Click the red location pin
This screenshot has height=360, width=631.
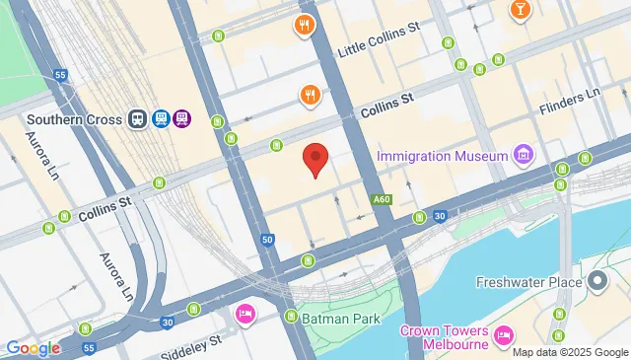point(315,159)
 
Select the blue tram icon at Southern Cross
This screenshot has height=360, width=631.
point(160,119)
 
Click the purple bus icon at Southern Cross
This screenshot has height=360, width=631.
point(181,119)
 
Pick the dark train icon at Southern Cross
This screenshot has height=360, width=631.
point(138,119)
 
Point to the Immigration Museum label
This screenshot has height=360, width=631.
point(442,156)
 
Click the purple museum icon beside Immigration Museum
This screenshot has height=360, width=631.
point(523,155)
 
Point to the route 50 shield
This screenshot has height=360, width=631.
point(267,240)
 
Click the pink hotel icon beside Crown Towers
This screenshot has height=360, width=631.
point(504,335)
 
